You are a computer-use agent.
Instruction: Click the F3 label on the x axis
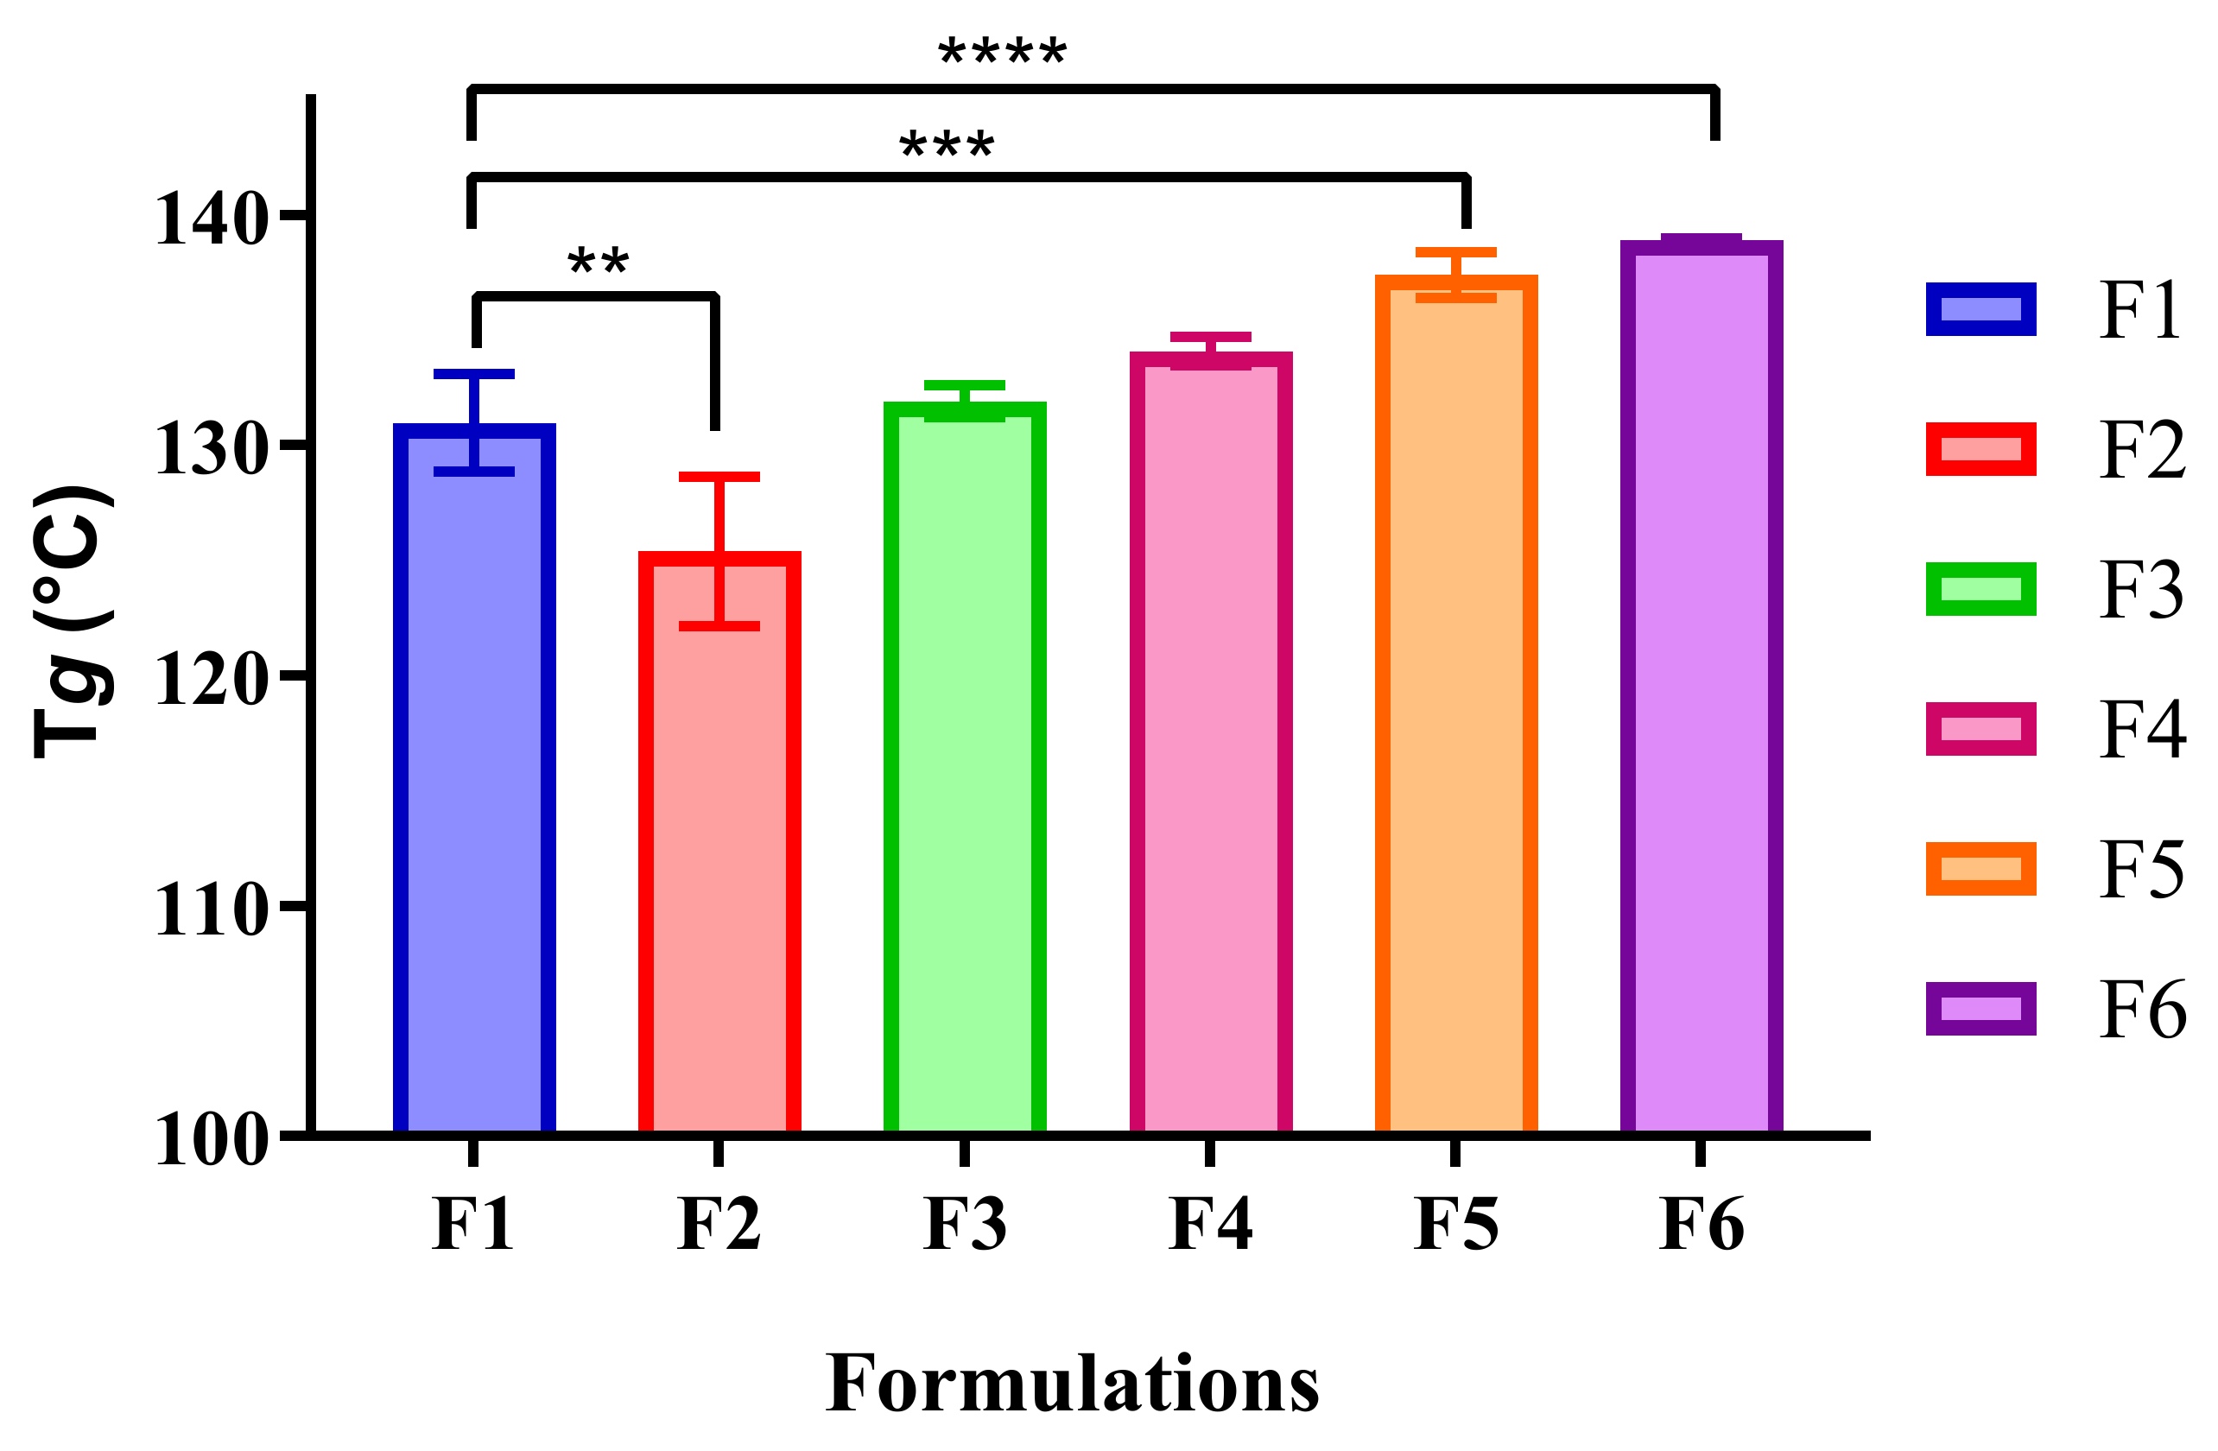coord(965,1224)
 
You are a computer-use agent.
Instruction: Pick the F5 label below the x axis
coord(1455,1224)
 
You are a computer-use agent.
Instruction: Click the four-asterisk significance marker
coord(1002,54)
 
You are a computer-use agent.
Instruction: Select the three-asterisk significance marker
coord(947,147)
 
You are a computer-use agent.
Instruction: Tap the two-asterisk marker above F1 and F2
coord(599,263)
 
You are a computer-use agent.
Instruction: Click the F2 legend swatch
coord(1980,449)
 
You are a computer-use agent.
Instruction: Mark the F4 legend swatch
coord(1980,729)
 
